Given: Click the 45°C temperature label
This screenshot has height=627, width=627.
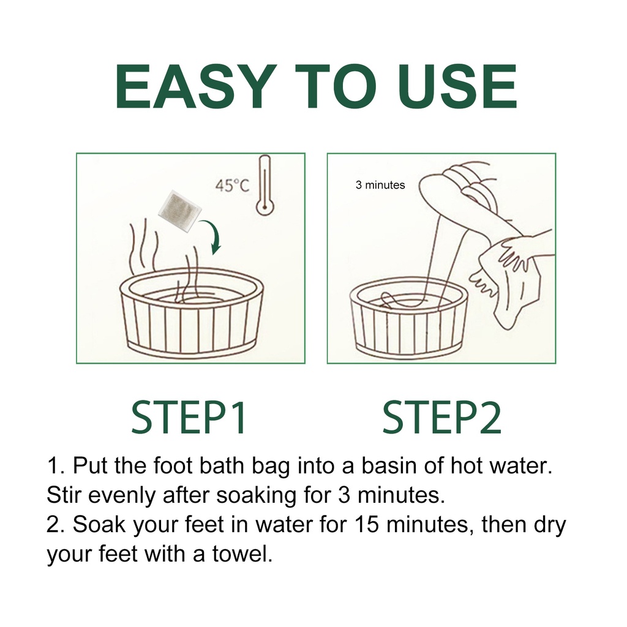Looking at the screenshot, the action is (x=232, y=186).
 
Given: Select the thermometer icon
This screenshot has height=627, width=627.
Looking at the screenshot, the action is (x=265, y=186).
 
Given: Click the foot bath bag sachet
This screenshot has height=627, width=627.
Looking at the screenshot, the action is (x=179, y=211).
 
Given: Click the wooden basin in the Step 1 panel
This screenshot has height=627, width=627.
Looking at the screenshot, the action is (x=191, y=312).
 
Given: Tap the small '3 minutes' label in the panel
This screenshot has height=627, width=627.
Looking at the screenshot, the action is (x=380, y=185).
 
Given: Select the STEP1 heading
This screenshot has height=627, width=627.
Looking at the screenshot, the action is (x=189, y=418).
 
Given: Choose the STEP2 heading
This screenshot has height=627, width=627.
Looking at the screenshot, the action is (x=442, y=418).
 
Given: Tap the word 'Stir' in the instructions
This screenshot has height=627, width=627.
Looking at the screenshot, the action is (x=65, y=495).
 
